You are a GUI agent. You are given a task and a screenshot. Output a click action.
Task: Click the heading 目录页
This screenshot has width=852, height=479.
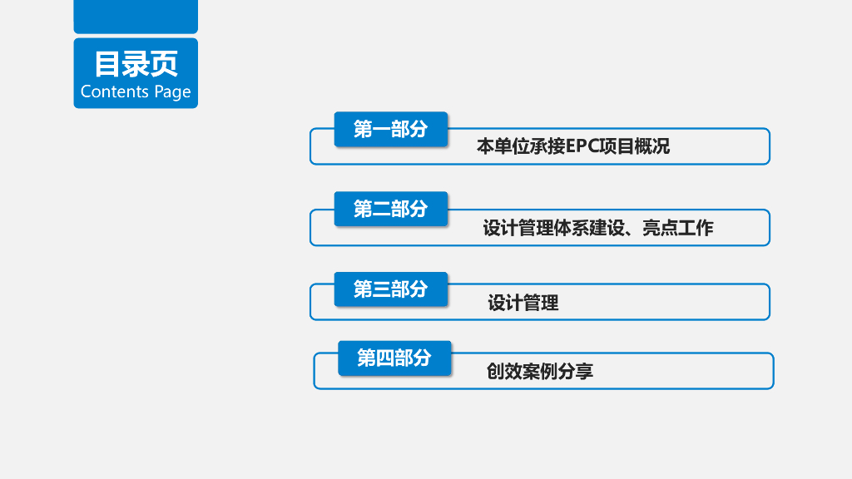tap(136, 64)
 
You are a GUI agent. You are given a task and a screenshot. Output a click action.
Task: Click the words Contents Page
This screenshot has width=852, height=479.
tap(136, 91)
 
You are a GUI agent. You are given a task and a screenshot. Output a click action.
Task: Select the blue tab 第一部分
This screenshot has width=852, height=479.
tap(390, 129)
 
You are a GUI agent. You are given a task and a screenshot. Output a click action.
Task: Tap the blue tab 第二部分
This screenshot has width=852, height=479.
tap(390, 209)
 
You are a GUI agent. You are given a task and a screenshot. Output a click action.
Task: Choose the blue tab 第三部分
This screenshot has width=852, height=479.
tap(390, 289)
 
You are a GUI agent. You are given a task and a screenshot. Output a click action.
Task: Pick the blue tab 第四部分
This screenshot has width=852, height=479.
tap(394, 358)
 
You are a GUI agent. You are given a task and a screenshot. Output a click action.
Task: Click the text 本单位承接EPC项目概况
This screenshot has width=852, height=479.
tap(572, 147)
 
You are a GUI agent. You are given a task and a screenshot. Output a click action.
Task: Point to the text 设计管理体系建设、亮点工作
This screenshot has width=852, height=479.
tap(597, 228)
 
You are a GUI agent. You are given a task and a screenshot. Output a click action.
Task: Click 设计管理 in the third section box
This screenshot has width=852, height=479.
tap(523, 304)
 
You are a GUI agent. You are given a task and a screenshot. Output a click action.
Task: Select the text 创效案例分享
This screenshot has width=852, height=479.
tap(539, 372)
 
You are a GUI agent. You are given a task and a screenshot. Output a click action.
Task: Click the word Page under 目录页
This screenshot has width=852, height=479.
tap(172, 92)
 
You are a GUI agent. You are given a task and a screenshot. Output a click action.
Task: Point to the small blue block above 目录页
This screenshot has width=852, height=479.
tap(136, 16)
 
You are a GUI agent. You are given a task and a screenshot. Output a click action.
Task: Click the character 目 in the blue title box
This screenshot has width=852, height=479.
tap(106, 64)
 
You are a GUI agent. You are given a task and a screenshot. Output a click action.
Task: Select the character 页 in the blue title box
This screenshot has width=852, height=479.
tap(165, 64)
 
